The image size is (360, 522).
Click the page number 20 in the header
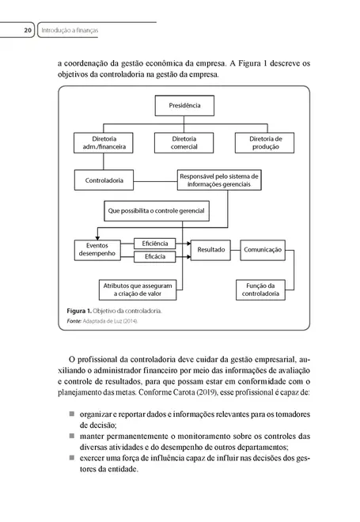click(x=26, y=31)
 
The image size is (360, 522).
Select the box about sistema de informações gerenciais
click(x=220, y=180)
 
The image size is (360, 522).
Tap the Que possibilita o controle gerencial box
click(x=156, y=212)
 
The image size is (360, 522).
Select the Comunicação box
click(x=263, y=250)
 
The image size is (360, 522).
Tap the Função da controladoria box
click(x=260, y=289)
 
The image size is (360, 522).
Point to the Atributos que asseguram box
click(x=135, y=289)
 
